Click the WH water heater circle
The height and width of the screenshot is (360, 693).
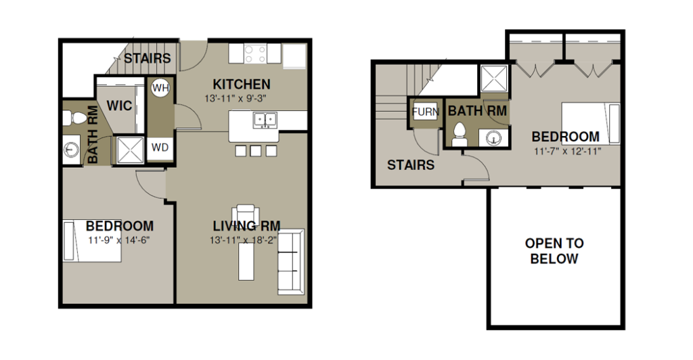(x=160, y=87)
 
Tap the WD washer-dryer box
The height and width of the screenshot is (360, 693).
(x=160, y=148)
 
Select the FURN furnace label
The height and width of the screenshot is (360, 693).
(x=425, y=112)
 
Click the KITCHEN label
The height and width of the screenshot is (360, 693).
(x=242, y=84)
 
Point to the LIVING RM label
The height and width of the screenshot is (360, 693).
(x=246, y=226)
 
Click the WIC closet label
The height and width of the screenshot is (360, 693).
(x=119, y=106)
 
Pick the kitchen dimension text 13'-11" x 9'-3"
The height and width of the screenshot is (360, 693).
(x=235, y=99)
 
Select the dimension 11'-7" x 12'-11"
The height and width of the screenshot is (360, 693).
(x=568, y=152)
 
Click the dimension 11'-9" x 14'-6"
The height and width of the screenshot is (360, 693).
(x=119, y=240)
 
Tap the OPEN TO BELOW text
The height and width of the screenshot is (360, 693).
(x=554, y=251)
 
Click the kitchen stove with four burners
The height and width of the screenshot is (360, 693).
(x=255, y=53)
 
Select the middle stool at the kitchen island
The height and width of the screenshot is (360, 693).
(x=255, y=151)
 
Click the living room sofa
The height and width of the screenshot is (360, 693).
(x=291, y=261)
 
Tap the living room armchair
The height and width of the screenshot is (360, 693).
(x=246, y=214)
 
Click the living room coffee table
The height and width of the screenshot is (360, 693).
(x=246, y=261)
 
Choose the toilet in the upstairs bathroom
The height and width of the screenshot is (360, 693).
(x=460, y=135)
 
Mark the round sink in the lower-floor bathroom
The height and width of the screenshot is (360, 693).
(x=70, y=150)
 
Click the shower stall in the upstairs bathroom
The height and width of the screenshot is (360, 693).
(x=494, y=78)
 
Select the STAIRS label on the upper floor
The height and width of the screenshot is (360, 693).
(x=411, y=165)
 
